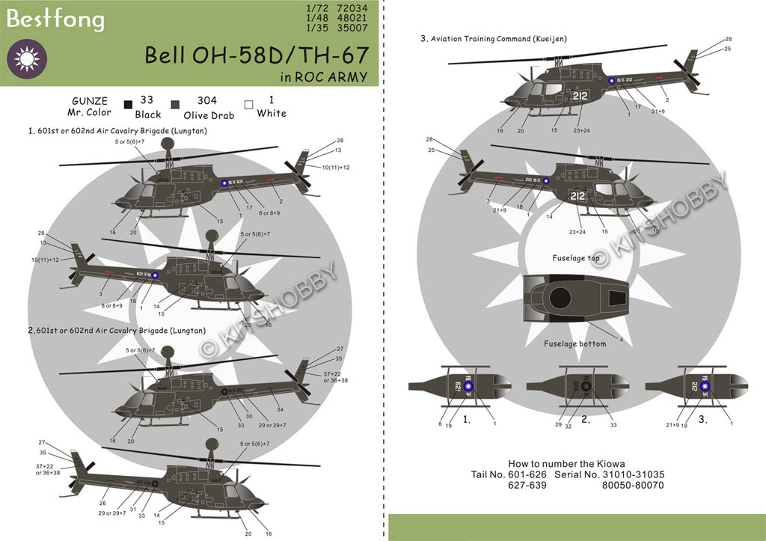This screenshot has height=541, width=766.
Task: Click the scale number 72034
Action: coord(364,10)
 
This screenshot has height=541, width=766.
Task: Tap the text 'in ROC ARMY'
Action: coord(324,76)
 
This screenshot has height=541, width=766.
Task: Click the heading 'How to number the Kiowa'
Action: coord(566,464)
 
